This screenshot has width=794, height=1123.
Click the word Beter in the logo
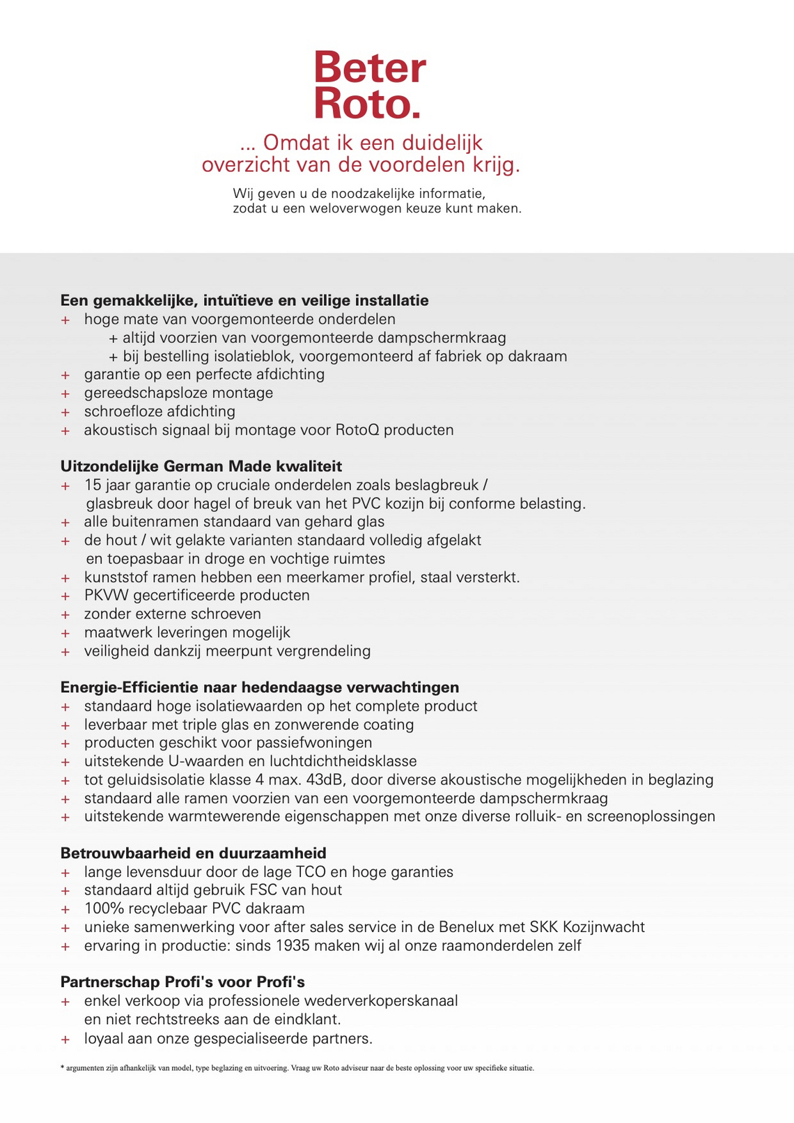click(369, 68)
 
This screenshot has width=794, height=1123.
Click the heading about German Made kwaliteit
click(201, 465)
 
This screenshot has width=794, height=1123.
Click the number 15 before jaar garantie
click(93, 484)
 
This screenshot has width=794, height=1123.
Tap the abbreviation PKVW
click(107, 596)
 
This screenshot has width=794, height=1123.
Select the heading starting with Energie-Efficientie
click(260, 687)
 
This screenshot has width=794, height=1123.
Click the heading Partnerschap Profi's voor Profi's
click(182, 982)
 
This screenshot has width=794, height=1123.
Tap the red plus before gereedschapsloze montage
click(65, 394)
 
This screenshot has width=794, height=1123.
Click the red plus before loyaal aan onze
click(65, 1039)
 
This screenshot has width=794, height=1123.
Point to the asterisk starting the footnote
click(63, 1067)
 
